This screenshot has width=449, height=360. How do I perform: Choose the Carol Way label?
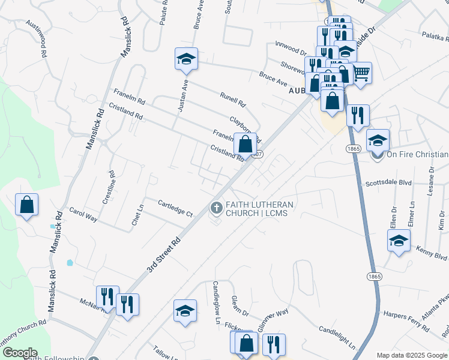click(83, 215)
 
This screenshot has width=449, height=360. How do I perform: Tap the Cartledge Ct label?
click(175, 209)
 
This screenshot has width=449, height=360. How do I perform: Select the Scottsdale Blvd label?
click(388, 184)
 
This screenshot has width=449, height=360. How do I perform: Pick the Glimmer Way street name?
click(274, 318)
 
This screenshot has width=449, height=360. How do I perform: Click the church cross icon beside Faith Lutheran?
click(215, 208)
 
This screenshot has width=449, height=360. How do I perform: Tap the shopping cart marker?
click(360, 73)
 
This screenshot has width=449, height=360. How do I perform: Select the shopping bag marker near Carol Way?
click(27, 205)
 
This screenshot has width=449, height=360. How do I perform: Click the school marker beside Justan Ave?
click(186, 59)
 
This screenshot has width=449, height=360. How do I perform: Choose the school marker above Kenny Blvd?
click(399, 241)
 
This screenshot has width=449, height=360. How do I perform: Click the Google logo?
click(19, 353)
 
